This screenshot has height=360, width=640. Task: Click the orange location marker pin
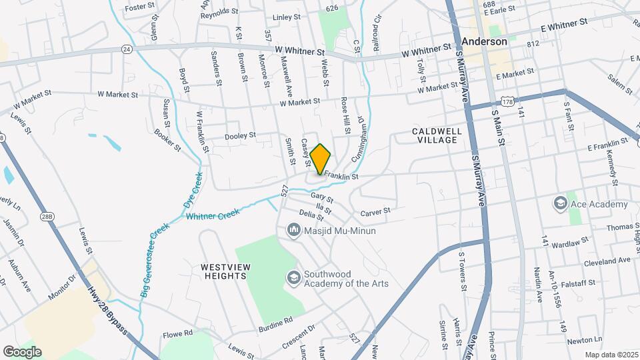pyautogui.click(x=321, y=159)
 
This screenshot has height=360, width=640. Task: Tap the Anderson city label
pyautogui.click(x=485, y=41)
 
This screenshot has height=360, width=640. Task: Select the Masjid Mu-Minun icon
pyautogui.click(x=293, y=231)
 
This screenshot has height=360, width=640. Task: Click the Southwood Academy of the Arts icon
pyautogui.click(x=293, y=277)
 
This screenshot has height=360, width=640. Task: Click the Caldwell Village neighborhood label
pyautogui.click(x=435, y=135)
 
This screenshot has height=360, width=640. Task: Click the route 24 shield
pyautogui.click(x=127, y=49)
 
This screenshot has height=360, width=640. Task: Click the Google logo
pyautogui.click(x=22, y=351)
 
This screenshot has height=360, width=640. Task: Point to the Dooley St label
pyautogui.click(x=240, y=136)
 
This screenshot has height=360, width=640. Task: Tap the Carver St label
pyautogui.click(x=375, y=213)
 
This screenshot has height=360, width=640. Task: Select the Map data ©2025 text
pyautogui.click(x=611, y=355)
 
